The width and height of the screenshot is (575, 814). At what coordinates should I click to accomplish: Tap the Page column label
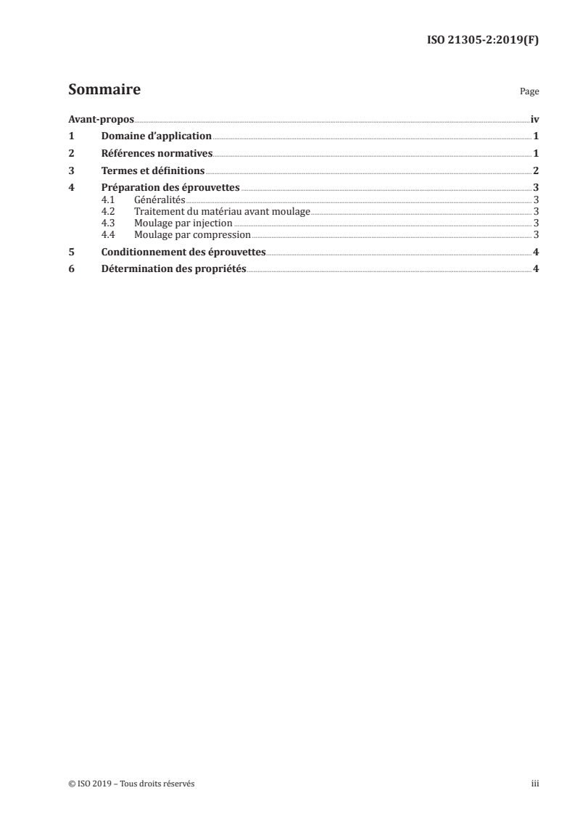529,92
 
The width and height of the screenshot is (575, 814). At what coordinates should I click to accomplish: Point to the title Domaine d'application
157,136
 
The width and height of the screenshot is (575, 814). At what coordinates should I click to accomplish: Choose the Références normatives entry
157,153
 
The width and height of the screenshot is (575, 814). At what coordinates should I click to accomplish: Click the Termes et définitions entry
153,170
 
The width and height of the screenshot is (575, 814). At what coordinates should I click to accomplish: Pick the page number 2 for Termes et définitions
535,170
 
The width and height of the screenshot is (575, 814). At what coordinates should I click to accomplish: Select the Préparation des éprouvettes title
170,188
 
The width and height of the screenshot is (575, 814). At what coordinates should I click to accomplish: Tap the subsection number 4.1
108,199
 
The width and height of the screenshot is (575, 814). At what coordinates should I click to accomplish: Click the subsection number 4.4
108,234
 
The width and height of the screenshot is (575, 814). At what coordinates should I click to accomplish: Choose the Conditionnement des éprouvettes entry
183,252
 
